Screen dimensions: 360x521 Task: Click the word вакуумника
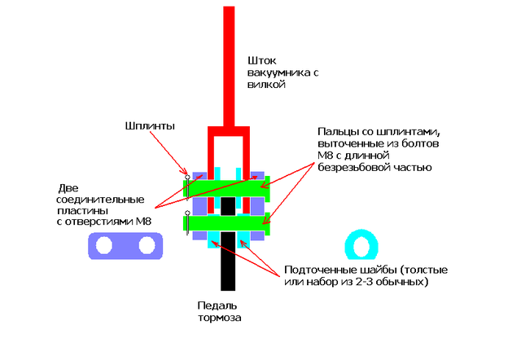[275, 72]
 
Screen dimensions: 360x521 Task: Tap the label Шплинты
[151, 126]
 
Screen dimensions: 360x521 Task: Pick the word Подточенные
[320, 270]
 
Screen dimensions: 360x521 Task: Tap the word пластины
[80, 209]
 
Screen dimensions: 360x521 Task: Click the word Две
[66, 186]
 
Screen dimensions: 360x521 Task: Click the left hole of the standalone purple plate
[104, 245]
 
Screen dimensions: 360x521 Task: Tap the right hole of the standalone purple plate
[146, 245]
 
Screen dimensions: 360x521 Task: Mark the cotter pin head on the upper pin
[187, 177]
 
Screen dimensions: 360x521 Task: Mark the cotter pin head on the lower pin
[187, 213]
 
